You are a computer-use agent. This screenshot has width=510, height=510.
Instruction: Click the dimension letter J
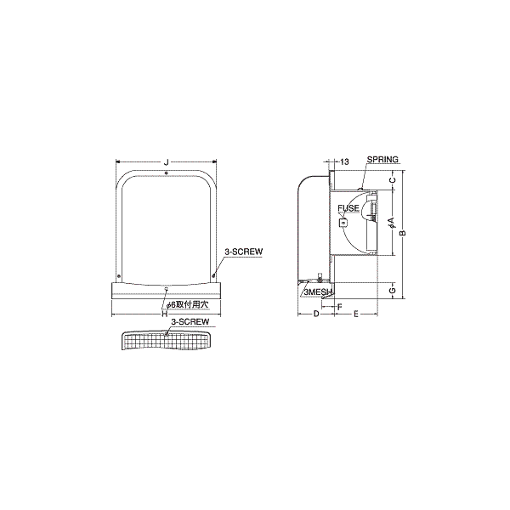(167, 162)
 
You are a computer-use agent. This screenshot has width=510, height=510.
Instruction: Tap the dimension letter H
(165, 314)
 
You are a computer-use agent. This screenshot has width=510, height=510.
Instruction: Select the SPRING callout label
(382, 160)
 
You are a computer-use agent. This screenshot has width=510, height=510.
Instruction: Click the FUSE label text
(348, 208)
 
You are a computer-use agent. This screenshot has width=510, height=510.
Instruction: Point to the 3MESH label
(317, 292)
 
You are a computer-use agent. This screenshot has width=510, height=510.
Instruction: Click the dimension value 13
(344, 161)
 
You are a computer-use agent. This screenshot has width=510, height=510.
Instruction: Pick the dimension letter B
(403, 233)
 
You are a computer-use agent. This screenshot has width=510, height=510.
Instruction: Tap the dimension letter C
(393, 180)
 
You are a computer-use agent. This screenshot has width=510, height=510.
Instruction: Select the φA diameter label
(392, 222)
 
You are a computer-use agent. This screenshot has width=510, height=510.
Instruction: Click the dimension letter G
(393, 290)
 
